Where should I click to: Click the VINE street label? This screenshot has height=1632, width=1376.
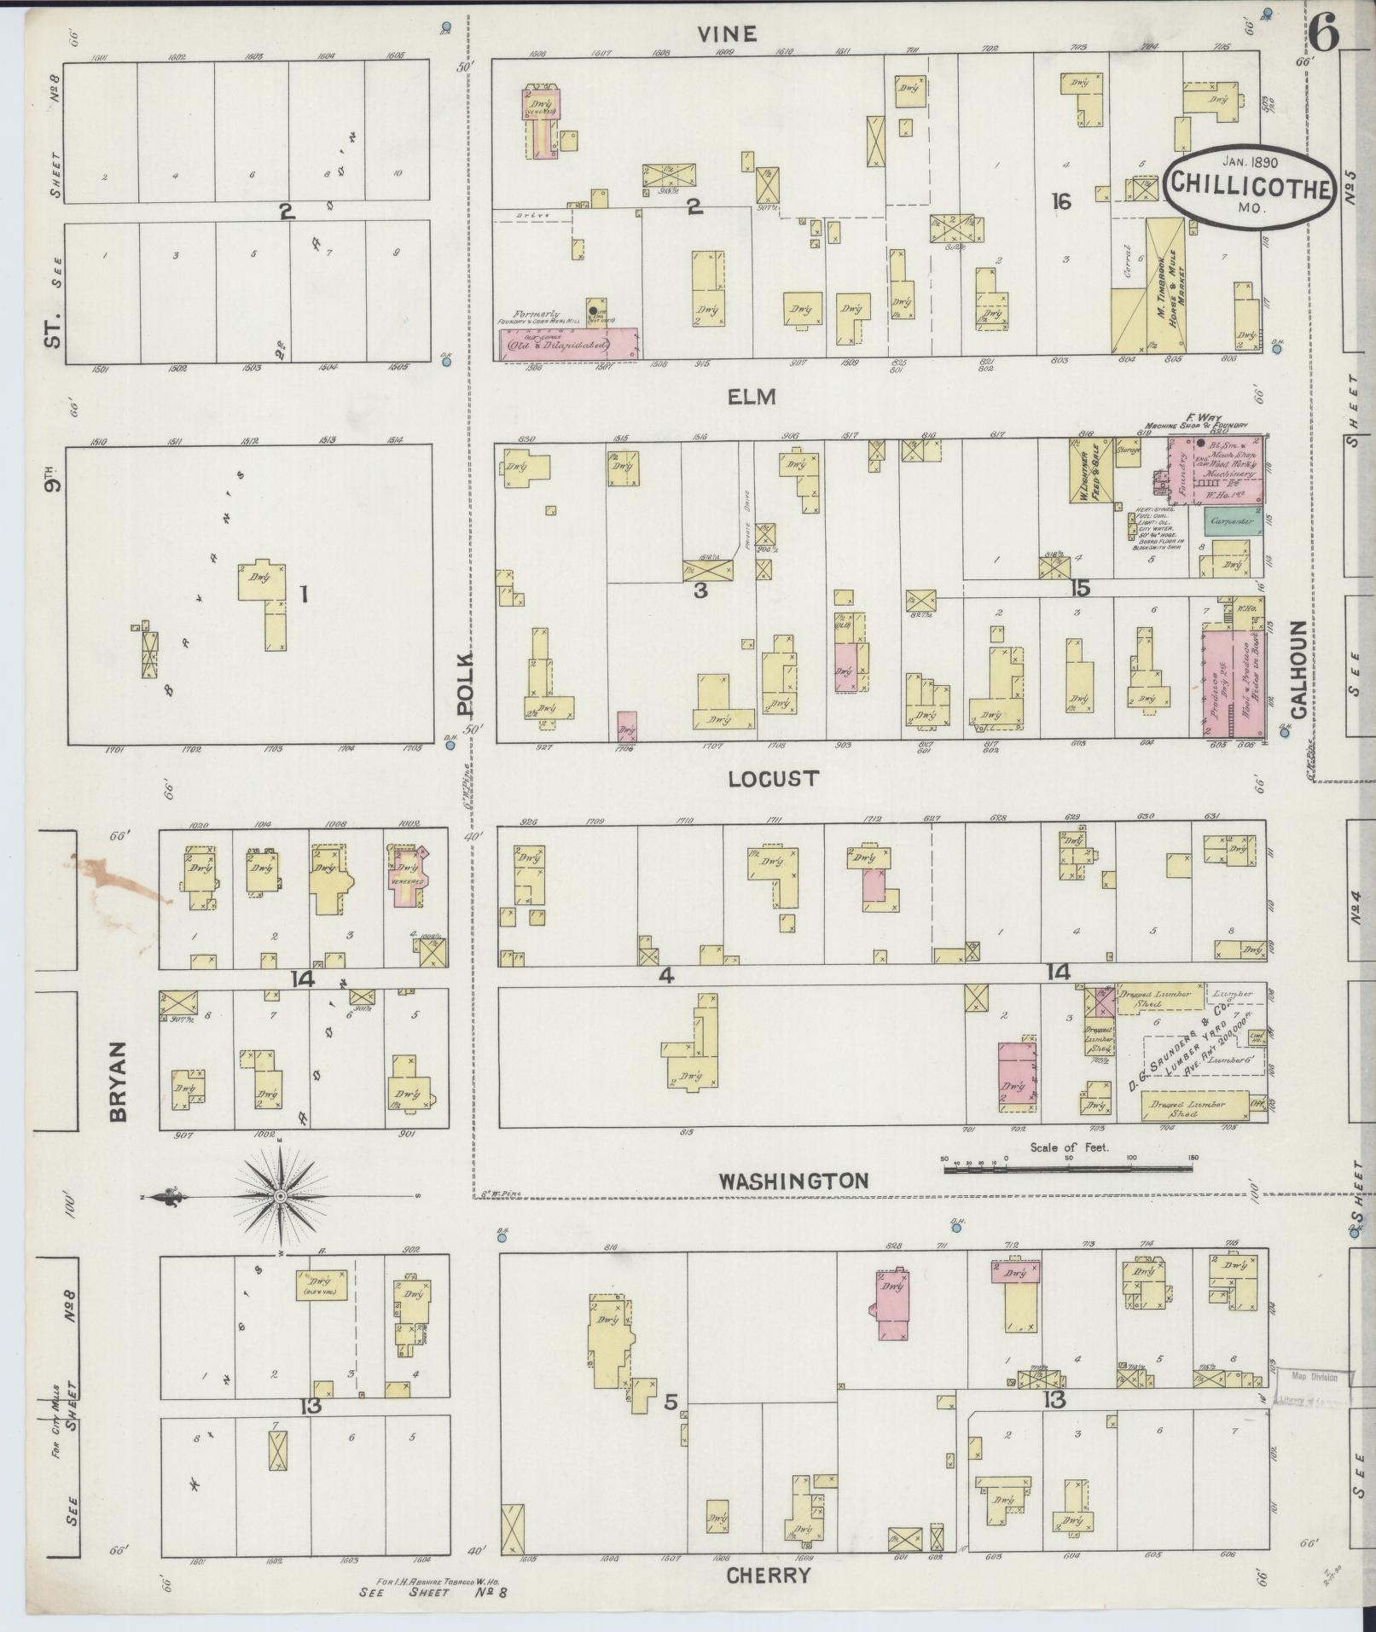click(x=727, y=33)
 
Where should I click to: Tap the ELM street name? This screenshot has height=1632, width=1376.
click(x=751, y=396)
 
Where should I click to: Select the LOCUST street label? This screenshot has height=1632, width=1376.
click(x=774, y=778)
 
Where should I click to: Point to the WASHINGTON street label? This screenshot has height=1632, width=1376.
click(x=793, y=1181)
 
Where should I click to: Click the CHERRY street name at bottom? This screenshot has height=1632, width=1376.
click(x=768, y=1575)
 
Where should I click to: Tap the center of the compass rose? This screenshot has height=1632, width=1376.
click(x=279, y=1198)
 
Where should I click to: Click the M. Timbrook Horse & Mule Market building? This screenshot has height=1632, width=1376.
click(x=1164, y=286)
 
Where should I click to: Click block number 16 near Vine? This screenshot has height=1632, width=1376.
click(x=1060, y=201)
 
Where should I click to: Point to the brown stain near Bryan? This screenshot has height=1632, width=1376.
click(x=119, y=879)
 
